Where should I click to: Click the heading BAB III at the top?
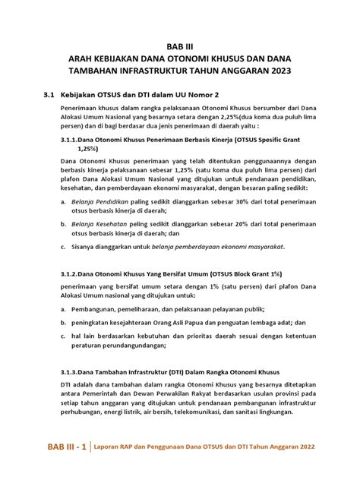tap(179, 46)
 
